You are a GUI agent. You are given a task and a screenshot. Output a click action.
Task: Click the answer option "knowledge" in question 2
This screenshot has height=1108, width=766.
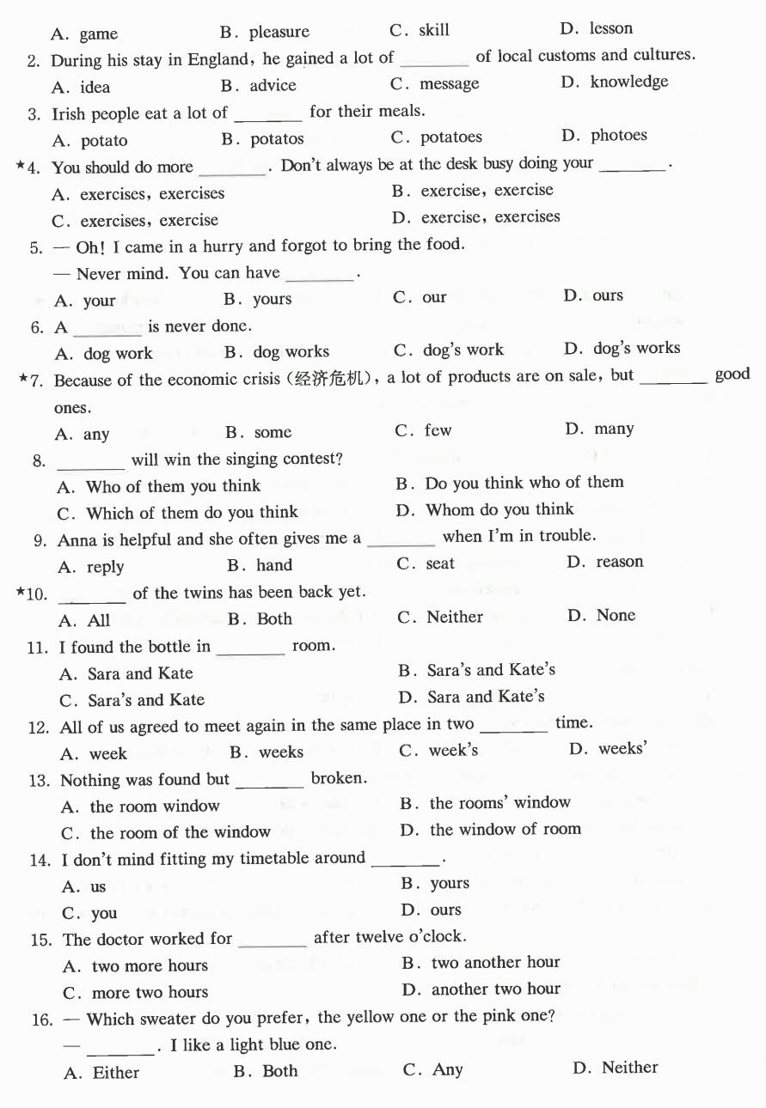[628, 82]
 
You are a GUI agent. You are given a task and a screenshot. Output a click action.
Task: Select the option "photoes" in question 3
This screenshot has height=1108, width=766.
[619, 136]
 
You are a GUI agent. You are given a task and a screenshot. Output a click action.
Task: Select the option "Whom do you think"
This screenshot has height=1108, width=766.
[499, 510]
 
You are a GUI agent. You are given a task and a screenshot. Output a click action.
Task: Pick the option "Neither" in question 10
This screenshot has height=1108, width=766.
[455, 617]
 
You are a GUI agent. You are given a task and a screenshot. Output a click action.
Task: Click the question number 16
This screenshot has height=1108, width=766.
[42, 1020]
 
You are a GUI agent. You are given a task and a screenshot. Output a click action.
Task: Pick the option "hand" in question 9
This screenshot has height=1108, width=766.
[274, 565]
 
